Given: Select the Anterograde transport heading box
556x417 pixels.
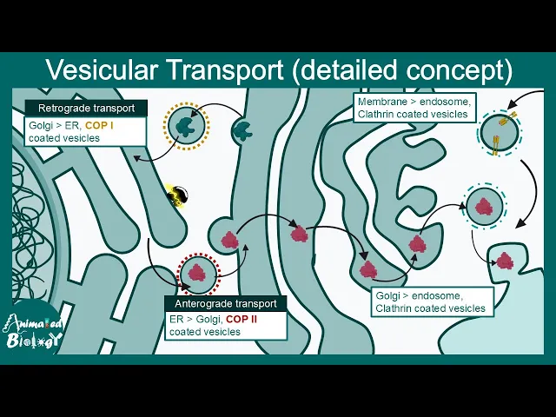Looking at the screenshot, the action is click(x=225, y=304).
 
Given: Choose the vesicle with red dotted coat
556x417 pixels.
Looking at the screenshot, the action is click(x=199, y=275).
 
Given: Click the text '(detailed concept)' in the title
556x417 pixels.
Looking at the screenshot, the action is click(x=420, y=69).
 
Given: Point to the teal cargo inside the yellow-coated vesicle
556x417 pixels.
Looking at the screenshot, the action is click(x=186, y=127).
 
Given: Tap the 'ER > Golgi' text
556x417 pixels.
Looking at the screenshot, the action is click(x=196, y=320).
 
